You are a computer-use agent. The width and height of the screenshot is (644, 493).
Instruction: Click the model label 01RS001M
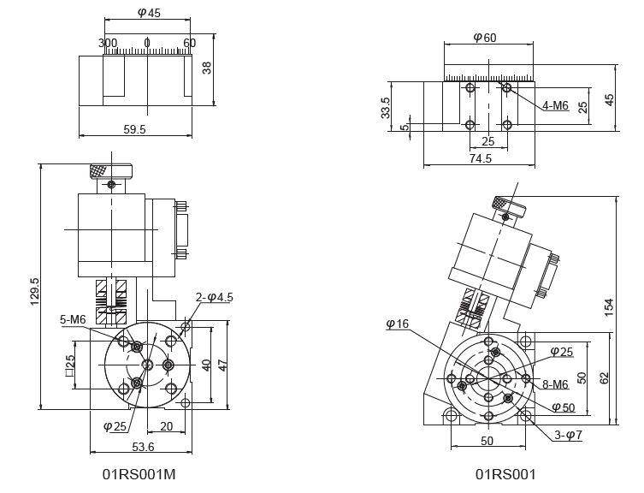(x=140, y=473)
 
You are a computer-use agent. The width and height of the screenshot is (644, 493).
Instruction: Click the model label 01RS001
(x=505, y=473)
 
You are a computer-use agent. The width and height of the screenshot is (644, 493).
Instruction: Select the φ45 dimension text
(x=149, y=13)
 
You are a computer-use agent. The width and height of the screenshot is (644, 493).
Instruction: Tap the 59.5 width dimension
(x=135, y=129)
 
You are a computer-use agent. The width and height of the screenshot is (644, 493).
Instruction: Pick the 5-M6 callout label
(x=73, y=319)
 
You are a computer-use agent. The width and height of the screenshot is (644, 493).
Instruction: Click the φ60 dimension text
(x=485, y=37)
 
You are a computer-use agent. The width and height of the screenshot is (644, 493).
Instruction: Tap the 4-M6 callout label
(x=554, y=105)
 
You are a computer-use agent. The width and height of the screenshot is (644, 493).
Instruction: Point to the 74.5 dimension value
(x=481, y=158)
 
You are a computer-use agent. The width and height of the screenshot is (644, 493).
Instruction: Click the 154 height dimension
(x=608, y=306)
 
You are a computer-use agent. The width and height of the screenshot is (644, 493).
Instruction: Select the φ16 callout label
(x=398, y=324)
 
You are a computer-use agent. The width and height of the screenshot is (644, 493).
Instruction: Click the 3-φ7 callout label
(x=569, y=435)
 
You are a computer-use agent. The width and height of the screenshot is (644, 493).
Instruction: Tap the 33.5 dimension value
(x=386, y=108)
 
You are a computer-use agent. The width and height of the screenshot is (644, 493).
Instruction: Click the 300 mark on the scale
(x=108, y=43)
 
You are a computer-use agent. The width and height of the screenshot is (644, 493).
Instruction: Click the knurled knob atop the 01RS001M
(x=109, y=170)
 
